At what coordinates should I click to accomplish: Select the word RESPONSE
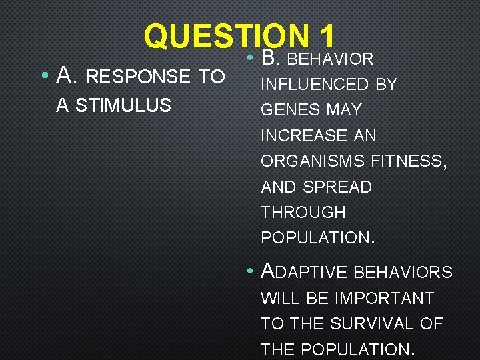point(138,77)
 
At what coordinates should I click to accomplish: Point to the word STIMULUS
point(133,105)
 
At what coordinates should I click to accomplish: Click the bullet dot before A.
point(43,77)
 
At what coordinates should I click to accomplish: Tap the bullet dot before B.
point(248,58)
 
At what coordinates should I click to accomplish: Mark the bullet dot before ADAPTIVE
point(248,271)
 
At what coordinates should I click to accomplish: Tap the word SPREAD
point(339,187)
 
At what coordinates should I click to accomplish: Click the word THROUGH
point(303,213)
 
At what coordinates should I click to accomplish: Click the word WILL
point(280,298)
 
